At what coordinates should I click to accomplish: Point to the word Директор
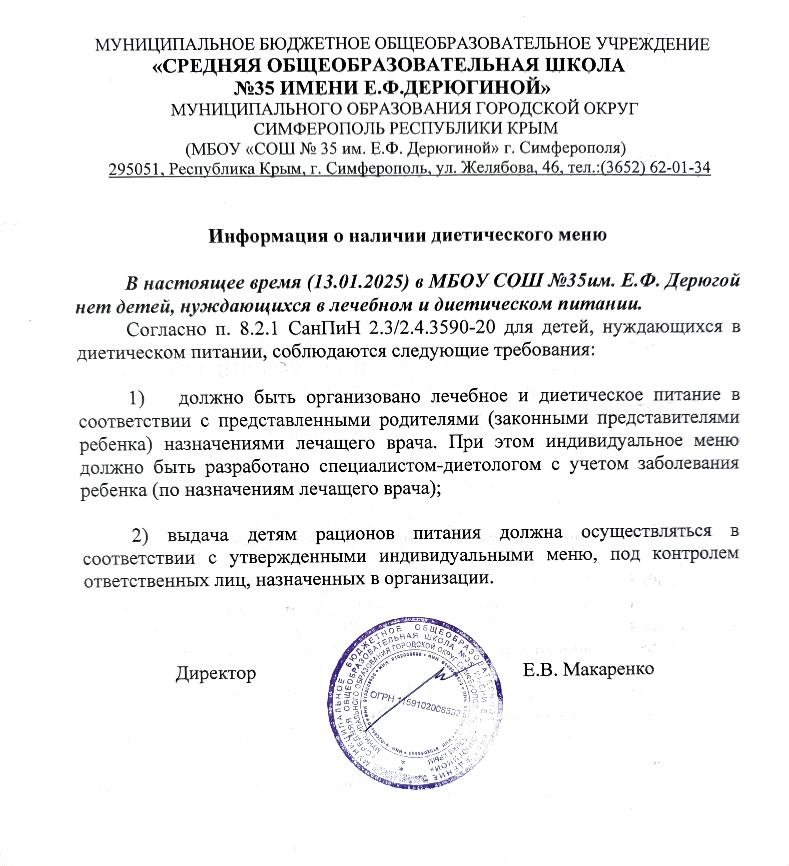click(216, 673)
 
